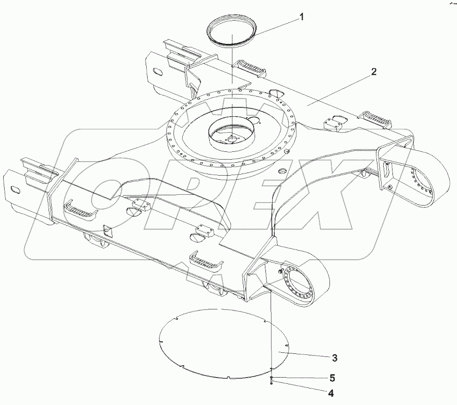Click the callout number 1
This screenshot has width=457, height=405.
(x=302, y=17)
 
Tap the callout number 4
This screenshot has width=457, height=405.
(x=330, y=394)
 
